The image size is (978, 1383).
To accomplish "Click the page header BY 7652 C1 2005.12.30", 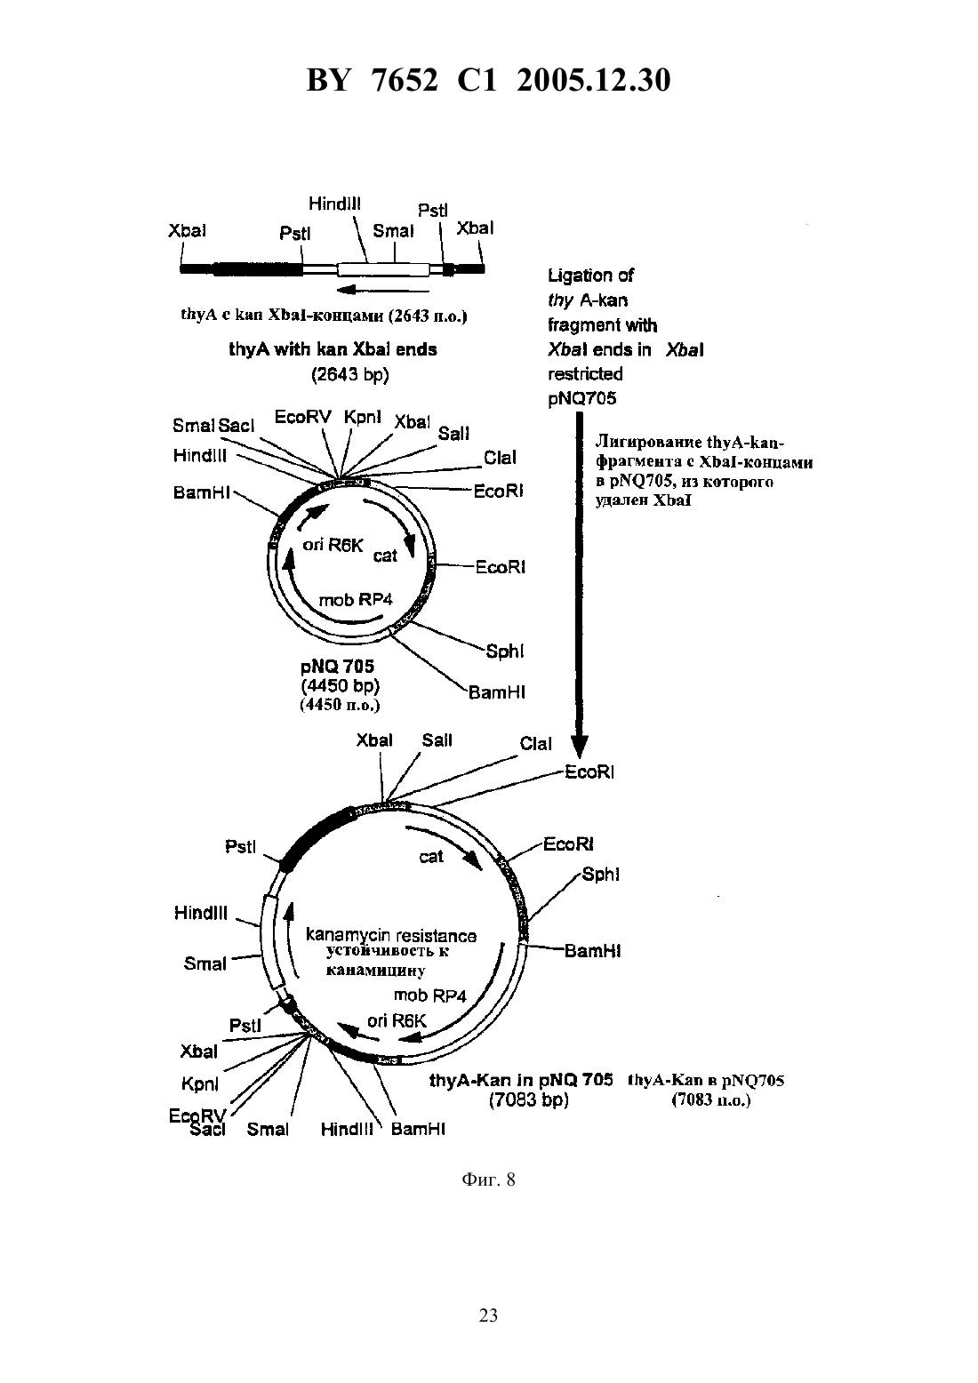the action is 488,80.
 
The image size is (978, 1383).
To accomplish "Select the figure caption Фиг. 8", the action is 488,1179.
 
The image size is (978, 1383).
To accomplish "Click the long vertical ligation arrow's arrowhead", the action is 579,747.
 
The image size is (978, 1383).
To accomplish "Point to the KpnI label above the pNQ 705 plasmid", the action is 363,418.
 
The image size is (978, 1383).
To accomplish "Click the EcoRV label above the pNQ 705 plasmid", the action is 302,418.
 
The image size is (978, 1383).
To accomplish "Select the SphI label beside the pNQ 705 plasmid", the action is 504,652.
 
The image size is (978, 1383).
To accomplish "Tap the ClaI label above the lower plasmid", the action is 535,744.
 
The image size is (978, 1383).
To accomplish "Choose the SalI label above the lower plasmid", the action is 437,740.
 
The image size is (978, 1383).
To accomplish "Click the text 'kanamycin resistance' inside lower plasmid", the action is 391,935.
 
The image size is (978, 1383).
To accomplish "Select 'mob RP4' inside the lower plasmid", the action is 429,995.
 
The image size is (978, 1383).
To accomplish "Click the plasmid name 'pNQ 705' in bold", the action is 337,667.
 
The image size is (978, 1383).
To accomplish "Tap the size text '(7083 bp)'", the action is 528,1099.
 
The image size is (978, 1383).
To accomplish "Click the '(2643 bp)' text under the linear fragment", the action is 350,375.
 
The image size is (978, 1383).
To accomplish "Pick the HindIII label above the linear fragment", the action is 334,204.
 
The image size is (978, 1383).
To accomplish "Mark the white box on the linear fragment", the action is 383,269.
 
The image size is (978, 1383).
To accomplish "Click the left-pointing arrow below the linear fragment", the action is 383,290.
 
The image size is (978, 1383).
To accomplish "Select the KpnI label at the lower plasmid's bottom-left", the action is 199,1084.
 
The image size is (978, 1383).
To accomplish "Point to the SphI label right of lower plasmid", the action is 600,875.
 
